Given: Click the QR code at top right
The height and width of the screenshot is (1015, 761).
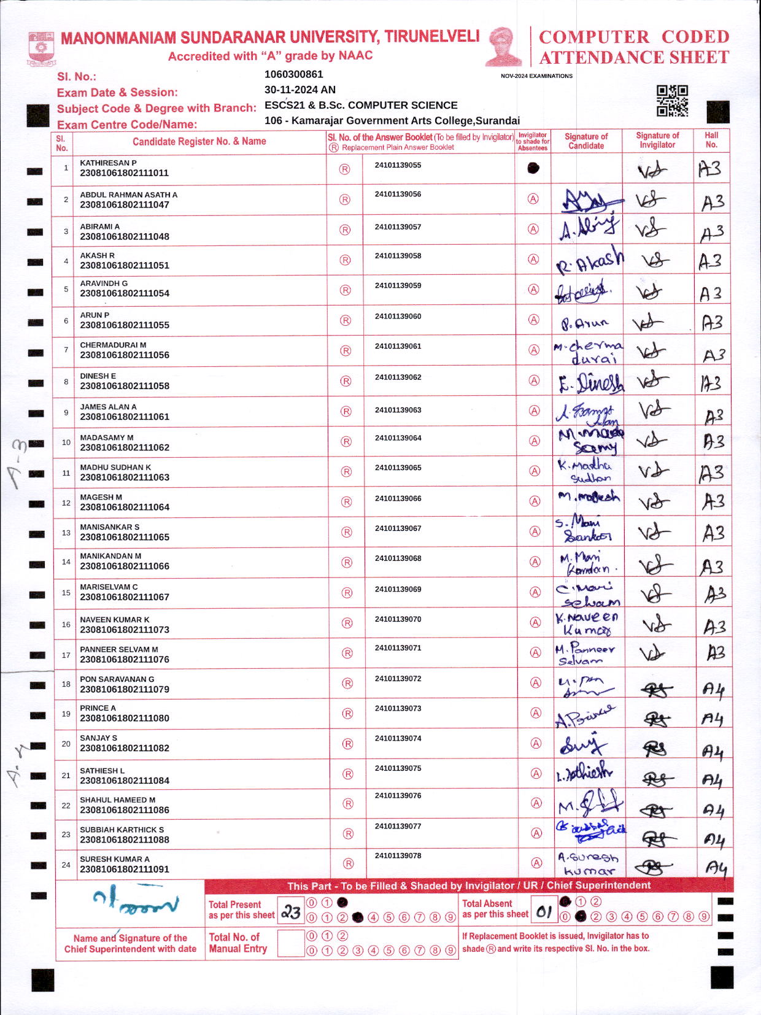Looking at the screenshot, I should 672,101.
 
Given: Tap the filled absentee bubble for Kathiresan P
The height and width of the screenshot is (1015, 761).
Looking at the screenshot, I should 533,168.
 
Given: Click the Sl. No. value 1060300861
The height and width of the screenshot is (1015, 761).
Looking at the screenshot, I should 293,74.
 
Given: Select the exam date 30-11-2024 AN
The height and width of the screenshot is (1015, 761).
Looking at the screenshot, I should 299,90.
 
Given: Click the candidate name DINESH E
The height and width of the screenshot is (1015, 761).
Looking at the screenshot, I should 98,376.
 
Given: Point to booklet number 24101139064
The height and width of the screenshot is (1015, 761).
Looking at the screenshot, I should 398,438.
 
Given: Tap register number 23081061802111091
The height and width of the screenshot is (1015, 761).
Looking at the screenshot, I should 125,869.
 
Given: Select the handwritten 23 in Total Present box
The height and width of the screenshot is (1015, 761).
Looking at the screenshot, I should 291,913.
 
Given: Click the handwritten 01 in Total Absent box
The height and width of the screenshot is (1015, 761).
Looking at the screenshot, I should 543,912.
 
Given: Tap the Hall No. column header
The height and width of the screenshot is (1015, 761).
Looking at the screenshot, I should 711,140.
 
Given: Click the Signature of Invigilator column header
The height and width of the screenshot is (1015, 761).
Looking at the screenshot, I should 657,140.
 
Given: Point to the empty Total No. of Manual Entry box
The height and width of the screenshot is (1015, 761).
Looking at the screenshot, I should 291,943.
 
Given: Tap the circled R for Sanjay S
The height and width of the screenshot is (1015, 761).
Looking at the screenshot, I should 347,744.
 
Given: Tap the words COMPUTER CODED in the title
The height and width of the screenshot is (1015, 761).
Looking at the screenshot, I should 634,37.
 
